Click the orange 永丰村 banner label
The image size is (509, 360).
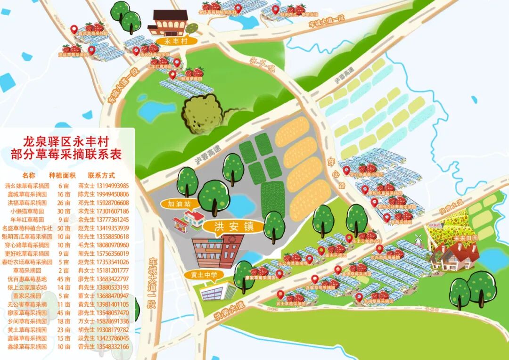(x=176, y=41)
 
